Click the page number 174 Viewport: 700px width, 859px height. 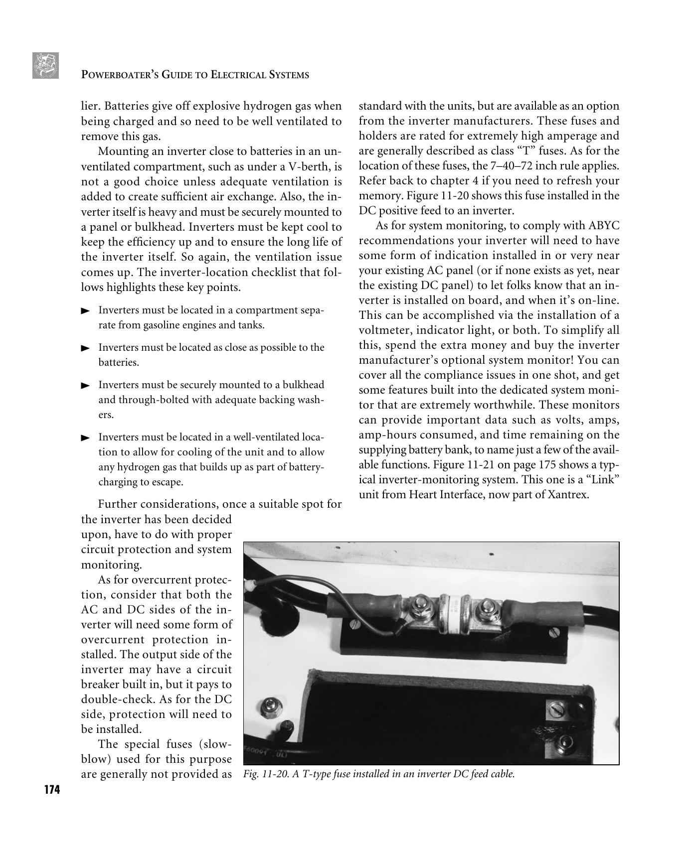click(51, 790)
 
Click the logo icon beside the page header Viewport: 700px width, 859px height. click(45, 66)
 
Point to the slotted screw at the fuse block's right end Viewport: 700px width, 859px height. click(555, 633)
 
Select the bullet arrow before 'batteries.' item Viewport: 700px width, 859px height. click(85, 348)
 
